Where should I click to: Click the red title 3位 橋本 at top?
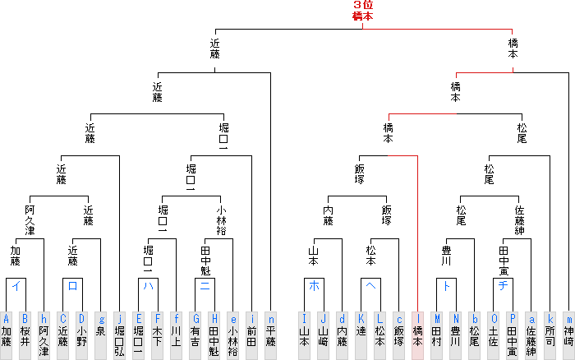362,11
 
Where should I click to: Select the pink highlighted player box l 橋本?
418,335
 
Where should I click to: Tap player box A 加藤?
7,335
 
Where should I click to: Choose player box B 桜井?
25,335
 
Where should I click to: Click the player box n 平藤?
271,335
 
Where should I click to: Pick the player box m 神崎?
568,335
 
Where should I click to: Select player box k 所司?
550,335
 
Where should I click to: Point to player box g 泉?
101,335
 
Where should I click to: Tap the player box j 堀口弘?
120,335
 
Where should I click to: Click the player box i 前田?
252,335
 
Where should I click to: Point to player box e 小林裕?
233,335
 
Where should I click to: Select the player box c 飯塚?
399,335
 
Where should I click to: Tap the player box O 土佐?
494,335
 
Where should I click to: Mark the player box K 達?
361,335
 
